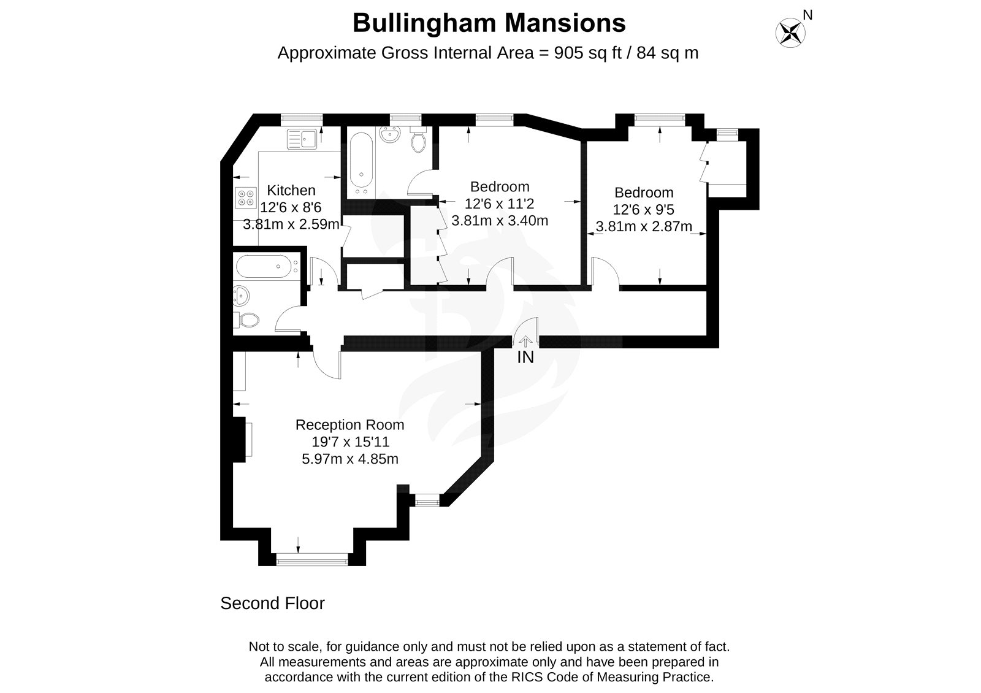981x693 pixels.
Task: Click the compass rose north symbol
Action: coord(791,32)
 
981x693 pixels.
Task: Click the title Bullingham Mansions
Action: coord(489,23)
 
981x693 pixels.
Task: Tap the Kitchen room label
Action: coord(291,191)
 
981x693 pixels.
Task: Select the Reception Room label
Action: coord(349,425)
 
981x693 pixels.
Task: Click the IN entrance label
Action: coord(525,357)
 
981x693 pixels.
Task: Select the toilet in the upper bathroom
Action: coord(419,141)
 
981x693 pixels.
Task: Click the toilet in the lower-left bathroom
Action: coord(246,320)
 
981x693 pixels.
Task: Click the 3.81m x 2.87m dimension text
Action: coord(644,226)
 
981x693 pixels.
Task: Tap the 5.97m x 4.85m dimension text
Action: coord(350,459)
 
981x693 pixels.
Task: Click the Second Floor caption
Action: coord(272,603)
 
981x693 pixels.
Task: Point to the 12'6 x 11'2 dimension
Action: coord(500,204)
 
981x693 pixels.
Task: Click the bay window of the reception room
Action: coord(312,559)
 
